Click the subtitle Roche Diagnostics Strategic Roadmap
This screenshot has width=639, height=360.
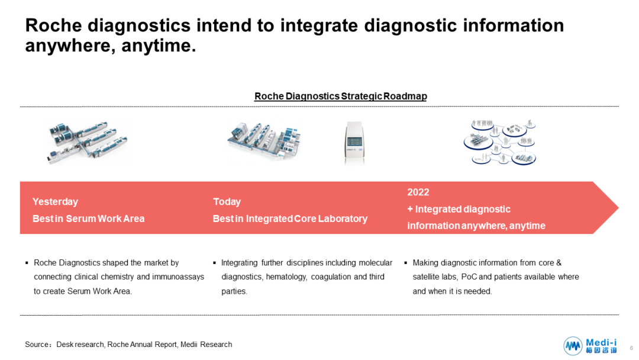[341, 97]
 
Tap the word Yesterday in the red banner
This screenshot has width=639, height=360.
[55, 202]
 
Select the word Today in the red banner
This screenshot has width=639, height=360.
[227, 202]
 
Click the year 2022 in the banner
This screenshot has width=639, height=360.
[418, 192]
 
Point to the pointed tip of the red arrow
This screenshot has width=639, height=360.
[618, 207]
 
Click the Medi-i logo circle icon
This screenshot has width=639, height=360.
[573, 346]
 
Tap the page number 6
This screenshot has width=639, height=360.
[631, 348]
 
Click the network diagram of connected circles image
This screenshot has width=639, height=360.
[499, 142]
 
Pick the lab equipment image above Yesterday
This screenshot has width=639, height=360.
[87, 142]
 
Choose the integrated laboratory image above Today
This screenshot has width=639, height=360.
[264, 142]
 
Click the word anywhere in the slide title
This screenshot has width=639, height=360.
[66, 46]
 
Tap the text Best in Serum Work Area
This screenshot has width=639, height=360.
[88, 218]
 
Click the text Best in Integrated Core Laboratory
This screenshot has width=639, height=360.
[290, 218]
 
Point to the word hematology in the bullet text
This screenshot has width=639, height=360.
[286, 277]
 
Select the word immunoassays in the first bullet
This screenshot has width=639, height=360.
[178, 277]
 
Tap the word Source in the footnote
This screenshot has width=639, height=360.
[37, 345]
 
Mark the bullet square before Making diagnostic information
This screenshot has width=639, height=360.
[405, 263]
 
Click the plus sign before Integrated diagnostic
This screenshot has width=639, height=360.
[410, 209]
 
